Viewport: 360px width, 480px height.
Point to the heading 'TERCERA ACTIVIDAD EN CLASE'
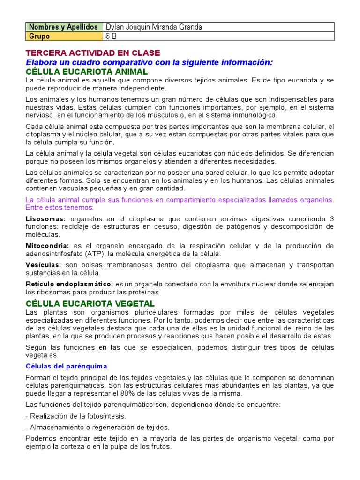pyautogui.click(x=92, y=53)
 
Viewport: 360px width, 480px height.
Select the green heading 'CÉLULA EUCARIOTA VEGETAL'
pyautogui.click(x=90, y=304)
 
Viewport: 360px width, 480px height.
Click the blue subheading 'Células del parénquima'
pyautogui.click(x=66, y=366)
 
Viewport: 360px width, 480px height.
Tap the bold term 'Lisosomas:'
pyautogui.click(x=45, y=219)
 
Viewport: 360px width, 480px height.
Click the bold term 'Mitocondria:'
pyautogui.click(x=47, y=246)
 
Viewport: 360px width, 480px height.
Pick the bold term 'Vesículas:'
pyautogui.click(x=43, y=265)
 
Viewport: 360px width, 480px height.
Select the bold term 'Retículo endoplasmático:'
pyautogui.click(x=69, y=284)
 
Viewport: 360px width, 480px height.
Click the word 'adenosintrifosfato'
pyautogui.click(x=54, y=254)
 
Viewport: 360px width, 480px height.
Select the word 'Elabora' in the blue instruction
pyautogui.click(x=41, y=62)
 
